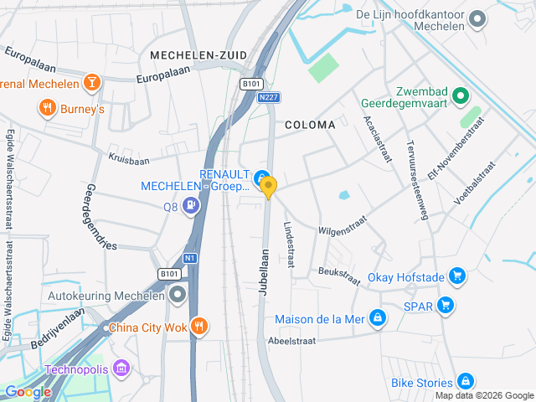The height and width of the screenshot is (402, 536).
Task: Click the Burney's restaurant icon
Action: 47,108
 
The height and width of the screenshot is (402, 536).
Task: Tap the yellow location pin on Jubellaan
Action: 268,188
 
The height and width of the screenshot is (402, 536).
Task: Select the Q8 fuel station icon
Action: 192,204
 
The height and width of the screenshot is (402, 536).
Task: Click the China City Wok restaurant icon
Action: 198,326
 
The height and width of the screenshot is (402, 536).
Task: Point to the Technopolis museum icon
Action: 122,368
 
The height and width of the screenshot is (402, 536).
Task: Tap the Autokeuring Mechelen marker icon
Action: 178,294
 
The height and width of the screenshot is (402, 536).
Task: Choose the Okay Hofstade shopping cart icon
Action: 456,276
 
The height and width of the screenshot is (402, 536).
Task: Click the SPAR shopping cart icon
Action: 446,306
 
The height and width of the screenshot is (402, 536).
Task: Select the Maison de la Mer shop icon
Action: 378,318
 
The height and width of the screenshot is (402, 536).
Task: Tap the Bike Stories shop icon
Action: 465,383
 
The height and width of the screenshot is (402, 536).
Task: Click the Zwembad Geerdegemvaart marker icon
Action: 460,97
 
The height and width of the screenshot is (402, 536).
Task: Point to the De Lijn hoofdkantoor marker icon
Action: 477,18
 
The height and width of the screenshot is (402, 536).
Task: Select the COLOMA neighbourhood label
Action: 310,125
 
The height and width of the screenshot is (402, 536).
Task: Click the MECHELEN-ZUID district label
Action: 198,55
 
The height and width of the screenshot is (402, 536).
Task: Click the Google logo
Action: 28,391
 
